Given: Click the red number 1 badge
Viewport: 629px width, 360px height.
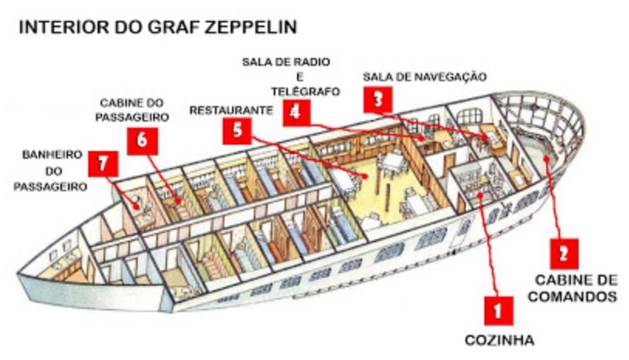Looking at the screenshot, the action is point(496,310).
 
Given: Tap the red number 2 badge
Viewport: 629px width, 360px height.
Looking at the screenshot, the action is point(565,253).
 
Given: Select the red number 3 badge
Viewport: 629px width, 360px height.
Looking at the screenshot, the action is point(377,100).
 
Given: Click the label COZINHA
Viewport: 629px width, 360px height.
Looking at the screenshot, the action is point(499,339).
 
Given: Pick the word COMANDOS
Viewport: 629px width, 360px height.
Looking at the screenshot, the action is point(574,296).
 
